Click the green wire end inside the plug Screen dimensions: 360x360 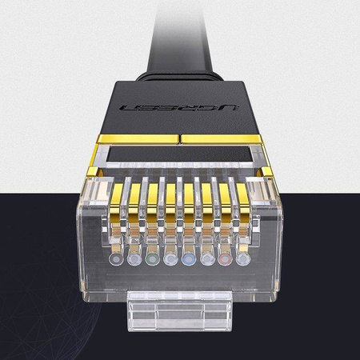pyautogui.click(x=152, y=258)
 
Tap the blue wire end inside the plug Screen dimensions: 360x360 pyautogui.click(x=189, y=258)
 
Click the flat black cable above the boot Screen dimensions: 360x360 pyautogui.click(x=179, y=48)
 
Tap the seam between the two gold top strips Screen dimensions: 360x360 pyautogui.click(x=179, y=142)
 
